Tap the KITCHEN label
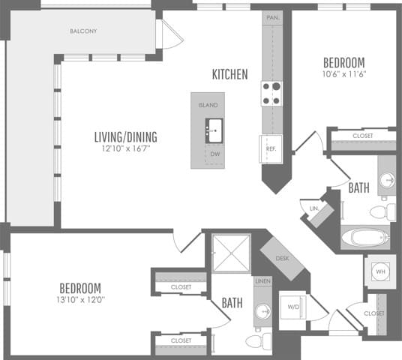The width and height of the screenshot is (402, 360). coord(229,74)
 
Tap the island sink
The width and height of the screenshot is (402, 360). coord(214,130)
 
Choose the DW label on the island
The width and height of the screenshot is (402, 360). coord(214,154)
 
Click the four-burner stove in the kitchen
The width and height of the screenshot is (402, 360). coord(271,93)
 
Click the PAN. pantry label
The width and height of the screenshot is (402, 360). coord(271,16)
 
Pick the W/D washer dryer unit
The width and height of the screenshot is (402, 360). coord(293,306)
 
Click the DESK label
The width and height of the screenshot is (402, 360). coord(282,258)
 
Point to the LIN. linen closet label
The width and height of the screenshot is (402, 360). coord(314,208)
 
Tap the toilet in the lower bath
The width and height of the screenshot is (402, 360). coord(256,342)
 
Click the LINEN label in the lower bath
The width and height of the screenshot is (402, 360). coord(262,281)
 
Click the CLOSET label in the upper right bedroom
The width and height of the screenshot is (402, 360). coord(363,136)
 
